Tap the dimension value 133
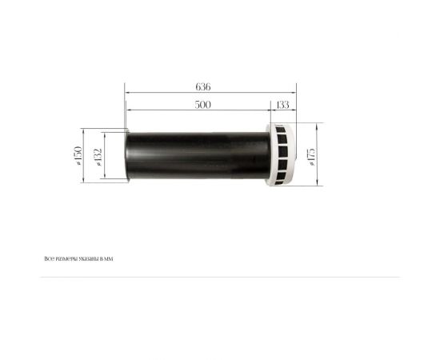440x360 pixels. point(282,105)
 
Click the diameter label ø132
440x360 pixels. point(98,155)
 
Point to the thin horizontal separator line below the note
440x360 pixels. point(220,277)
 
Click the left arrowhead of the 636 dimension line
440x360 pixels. point(126,93)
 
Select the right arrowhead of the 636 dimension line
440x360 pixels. point(296,93)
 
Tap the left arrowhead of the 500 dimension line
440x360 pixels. point(126,110)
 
